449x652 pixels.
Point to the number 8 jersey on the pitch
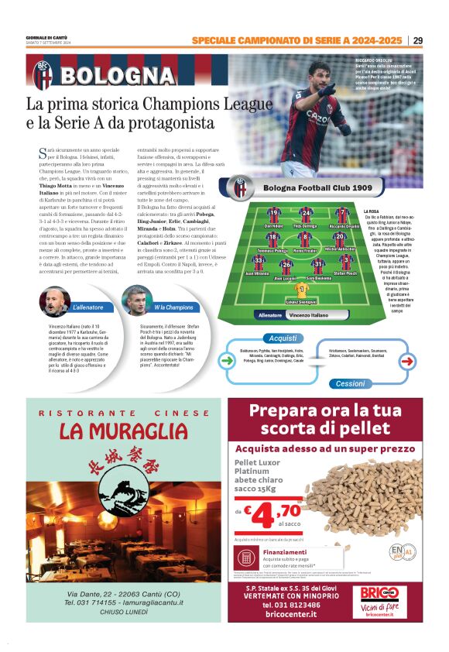pyautogui.click(x=305, y=237)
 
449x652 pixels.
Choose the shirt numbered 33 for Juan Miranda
pyautogui.click(x=259, y=261)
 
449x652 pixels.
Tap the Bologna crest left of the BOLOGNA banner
pyautogui.click(x=42, y=74)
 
